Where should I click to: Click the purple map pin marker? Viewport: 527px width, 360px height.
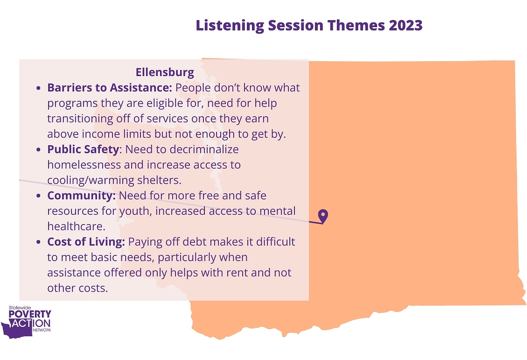click(x=323, y=216)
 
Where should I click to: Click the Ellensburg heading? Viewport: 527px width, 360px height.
click(x=165, y=72)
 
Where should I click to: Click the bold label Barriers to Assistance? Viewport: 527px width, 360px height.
click(x=110, y=88)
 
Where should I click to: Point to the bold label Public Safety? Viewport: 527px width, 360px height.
click(x=83, y=150)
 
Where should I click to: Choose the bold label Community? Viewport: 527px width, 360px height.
click(x=82, y=195)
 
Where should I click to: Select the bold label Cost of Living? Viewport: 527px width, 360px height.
click(x=86, y=241)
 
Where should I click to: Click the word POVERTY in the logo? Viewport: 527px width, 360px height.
click(x=30, y=314)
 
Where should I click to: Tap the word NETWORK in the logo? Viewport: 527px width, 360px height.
click(x=42, y=330)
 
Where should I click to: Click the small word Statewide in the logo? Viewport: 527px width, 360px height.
click(x=20, y=307)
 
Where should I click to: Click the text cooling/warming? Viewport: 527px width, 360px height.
click(x=91, y=180)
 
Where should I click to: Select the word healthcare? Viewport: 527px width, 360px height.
click(x=76, y=226)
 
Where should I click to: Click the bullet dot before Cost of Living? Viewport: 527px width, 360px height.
click(x=39, y=242)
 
